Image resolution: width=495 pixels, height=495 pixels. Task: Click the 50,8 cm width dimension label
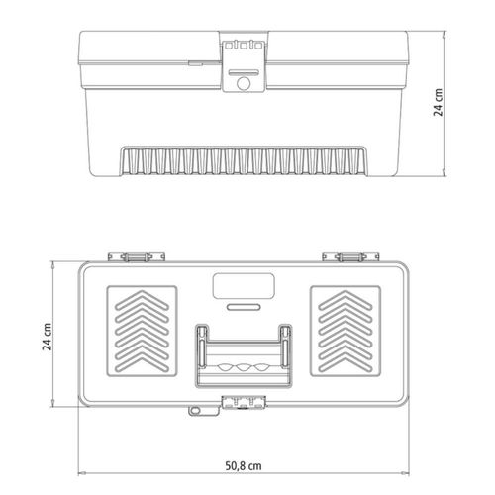click(244, 465)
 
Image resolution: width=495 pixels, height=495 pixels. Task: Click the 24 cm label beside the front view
click(438, 102)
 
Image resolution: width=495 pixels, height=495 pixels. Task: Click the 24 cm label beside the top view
click(48, 337)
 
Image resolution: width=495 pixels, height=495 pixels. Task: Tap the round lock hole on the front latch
click(244, 83)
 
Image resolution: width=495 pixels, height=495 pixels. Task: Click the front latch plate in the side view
click(244, 65)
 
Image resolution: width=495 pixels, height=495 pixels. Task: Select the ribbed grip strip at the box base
click(244, 160)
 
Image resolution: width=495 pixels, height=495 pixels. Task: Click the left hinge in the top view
click(137, 256)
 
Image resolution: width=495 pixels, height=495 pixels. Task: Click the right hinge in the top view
click(350, 256)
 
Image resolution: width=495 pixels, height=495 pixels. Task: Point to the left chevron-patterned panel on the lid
click(142, 331)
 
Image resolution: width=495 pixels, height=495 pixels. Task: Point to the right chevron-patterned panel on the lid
click(346, 331)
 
